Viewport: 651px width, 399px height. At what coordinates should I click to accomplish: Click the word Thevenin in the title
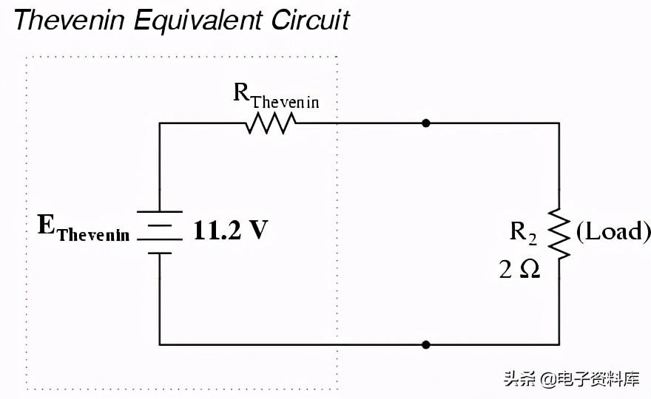(70, 19)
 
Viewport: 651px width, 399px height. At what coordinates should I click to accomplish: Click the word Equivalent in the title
(198, 21)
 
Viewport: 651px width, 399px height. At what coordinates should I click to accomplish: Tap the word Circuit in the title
(311, 19)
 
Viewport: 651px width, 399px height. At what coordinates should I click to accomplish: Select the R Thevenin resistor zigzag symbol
(271, 123)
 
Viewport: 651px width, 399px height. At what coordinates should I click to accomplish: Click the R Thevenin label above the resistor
(276, 96)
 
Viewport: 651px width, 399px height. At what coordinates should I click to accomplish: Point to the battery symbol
(160, 232)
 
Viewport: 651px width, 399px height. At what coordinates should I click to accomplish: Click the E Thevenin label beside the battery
(84, 228)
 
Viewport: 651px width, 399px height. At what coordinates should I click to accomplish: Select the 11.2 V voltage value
(231, 230)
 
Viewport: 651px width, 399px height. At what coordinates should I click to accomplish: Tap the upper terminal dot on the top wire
(425, 123)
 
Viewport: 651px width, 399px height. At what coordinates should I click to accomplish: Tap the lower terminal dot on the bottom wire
(425, 344)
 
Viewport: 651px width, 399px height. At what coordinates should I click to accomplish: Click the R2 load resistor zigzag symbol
(559, 234)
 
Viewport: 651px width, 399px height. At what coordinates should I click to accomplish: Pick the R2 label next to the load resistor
(523, 232)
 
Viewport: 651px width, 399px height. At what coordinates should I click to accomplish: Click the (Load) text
(613, 231)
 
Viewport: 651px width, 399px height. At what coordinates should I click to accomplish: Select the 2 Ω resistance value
(519, 270)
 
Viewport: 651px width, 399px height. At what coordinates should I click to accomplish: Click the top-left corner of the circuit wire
(160, 123)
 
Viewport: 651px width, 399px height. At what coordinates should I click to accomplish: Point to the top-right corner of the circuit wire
(559, 123)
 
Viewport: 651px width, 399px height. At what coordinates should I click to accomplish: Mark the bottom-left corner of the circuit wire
(160, 344)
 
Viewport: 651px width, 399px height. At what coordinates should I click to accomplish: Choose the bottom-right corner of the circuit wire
(559, 344)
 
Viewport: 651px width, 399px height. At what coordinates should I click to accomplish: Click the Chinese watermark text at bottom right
(572, 379)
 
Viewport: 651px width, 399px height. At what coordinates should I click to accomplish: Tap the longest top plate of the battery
(160, 211)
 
